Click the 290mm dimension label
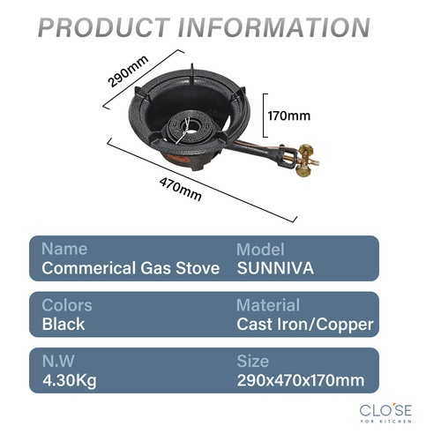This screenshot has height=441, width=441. (128, 71)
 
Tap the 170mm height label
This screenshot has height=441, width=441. (289, 116)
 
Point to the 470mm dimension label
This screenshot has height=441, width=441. (181, 189)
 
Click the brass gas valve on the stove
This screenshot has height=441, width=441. (305, 161)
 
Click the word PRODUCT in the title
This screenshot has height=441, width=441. (104, 27)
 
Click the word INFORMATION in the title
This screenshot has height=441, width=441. (273, 27)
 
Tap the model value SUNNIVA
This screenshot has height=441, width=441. (275, 268)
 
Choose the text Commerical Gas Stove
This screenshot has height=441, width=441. (131, 268)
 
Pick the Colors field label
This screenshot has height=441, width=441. (67, 305)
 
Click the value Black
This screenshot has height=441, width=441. (64, 325)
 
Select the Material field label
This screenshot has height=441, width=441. (268, 305)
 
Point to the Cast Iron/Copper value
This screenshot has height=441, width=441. (305, 325)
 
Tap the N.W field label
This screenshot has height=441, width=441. (58, 361)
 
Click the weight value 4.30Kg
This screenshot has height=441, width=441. (70, 381)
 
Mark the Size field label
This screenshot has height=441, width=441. (253, 362)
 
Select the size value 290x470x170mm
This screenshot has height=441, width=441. (301, 380)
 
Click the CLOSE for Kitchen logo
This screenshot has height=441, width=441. (385, 413)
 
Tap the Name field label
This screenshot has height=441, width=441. (64, 249)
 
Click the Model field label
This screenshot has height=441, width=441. (260, 250)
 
